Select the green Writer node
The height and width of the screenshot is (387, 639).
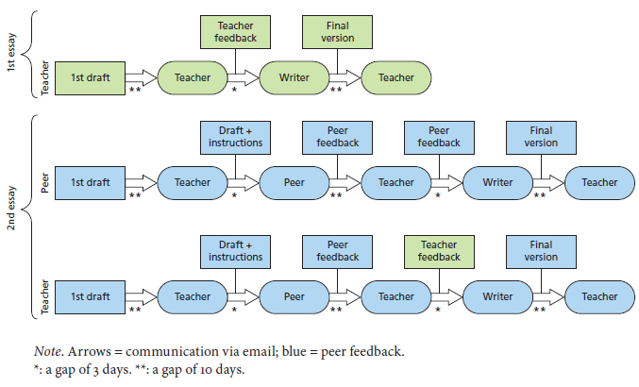pyautogui.click(x=293, y=76)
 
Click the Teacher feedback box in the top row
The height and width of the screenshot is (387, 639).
pyautogui.click(x=235, y=32)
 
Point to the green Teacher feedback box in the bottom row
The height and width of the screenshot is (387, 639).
pyautogui.click(x=438, y=250)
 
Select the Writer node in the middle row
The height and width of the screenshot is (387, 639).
pyautogui.click(x=496, y=182)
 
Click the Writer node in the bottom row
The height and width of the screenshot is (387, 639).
pyautogui.click(x=496, y=295)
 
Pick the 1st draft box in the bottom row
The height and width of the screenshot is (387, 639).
pyautogui.click(x=90, y=295)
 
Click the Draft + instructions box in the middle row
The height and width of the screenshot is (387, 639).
pyautogui.click(x=235, y=137)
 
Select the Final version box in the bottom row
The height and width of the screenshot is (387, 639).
pyautogui.click(x=540, y=250)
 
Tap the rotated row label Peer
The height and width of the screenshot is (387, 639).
pyautogui.click(x=43, y=182)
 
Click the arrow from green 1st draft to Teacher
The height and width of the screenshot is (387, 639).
pyautogui.click(x=141, y=77)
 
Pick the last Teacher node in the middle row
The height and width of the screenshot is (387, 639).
pyautogui.click(x=598, y=182)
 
